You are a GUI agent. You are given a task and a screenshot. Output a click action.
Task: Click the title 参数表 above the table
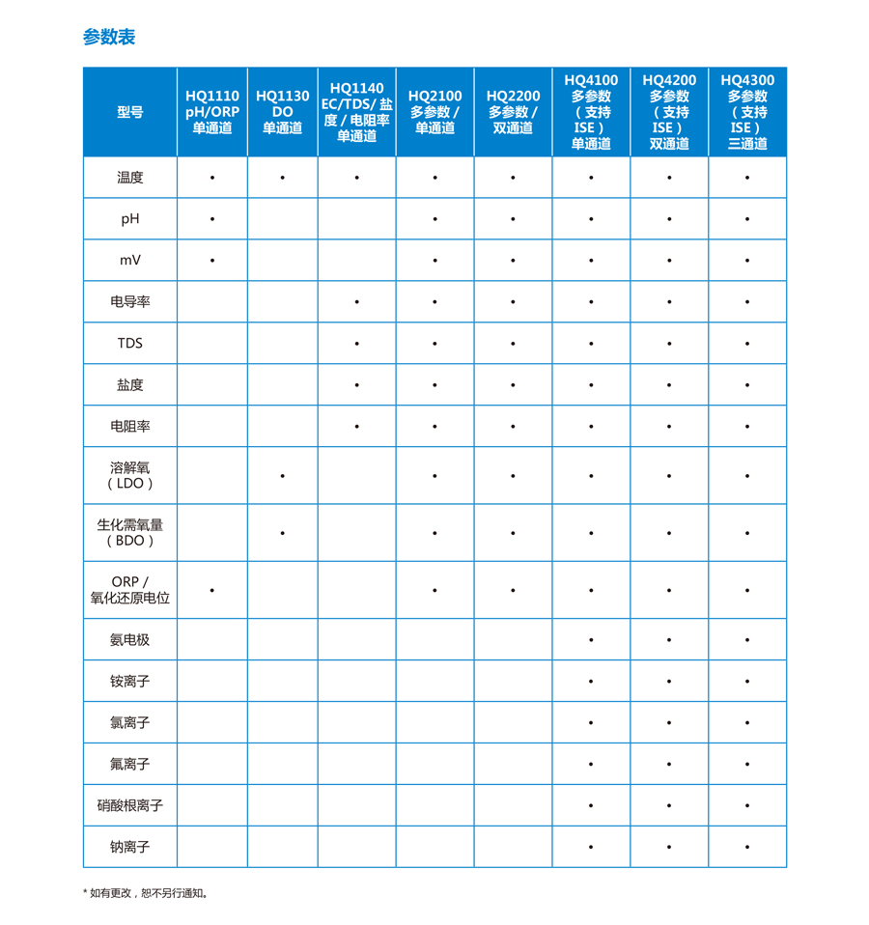(x=109, y=38)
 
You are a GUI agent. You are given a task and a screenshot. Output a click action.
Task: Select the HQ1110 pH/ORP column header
(x=212, y=112)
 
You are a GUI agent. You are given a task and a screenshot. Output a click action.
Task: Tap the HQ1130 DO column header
(x=283, y=112)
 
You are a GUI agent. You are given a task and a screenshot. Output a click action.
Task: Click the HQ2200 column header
(x=513, y=112)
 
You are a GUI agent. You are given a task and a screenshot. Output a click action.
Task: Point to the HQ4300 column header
(x=747, y=112)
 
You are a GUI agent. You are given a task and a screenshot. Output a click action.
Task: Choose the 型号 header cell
(x=130, y=112)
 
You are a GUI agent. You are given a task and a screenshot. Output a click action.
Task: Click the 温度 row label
(x=130, y=178)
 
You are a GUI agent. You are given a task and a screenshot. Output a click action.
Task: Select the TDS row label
(x=130, y=343)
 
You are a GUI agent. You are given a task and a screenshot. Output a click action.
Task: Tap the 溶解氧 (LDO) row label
(x=130, y=475)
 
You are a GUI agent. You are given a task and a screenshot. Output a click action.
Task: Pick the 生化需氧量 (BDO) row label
(x=130, y=533)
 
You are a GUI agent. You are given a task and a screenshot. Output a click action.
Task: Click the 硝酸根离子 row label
(x=130, y=805)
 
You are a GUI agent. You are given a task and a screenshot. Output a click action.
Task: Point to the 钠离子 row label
(x=130, y=847)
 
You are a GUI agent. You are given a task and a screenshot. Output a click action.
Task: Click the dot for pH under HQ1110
(x=212, y=219)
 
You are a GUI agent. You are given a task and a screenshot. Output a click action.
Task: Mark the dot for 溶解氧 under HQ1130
(x=283, y=476)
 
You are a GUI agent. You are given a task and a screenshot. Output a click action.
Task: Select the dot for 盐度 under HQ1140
(x=357, y=385)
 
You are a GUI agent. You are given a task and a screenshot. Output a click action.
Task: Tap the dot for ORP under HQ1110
(x=212, y=590)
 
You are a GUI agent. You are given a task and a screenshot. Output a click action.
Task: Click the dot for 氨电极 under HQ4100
(x=591, y=640)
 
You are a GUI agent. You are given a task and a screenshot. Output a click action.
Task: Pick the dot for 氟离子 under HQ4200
(x=669, y=765)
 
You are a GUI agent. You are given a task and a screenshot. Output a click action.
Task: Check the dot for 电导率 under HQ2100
(x=435, y=302)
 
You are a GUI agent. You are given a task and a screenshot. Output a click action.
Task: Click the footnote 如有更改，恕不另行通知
(x=149, y=893)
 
